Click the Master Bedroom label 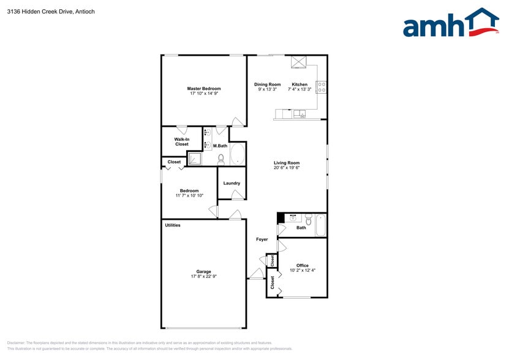[204, 89]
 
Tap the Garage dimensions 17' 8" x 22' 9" [204, 277]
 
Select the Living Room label [286, 163]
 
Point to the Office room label [303, 265]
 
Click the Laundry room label [232, 183]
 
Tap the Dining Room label [268, 84]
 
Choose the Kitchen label [300, 84]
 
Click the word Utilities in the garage [173, 225]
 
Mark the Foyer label [262, 239]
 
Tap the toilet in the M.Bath [222, 159]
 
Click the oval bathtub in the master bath [238, 154]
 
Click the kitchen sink [300, 114]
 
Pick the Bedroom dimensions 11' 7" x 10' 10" [189, 196]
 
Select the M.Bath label [221, 146]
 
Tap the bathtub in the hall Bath [320, 226]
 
